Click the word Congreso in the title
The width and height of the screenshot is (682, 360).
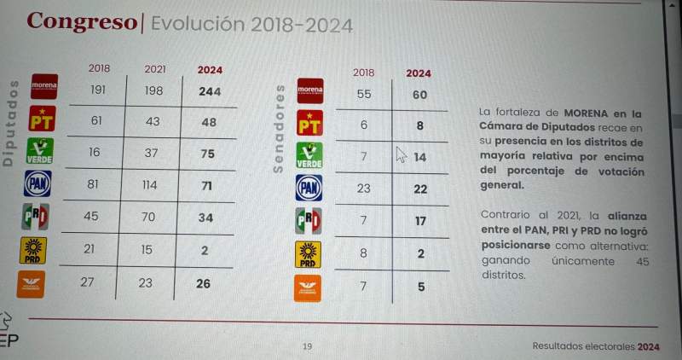point(81,22)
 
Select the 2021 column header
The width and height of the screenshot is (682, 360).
point(154,69)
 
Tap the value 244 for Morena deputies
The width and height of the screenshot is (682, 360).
point(209,91)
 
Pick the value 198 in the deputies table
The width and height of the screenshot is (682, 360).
point(154,91)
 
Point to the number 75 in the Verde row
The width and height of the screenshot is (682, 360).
point(208,153)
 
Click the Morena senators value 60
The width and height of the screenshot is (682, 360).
point(419,95)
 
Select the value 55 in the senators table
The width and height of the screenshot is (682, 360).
point(364,95)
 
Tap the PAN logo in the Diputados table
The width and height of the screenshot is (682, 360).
point(38,183)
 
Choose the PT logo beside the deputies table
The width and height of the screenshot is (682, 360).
point(42,119)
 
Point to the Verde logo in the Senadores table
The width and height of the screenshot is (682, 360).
point(308,155)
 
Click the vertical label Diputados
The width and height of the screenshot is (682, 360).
point(10,123)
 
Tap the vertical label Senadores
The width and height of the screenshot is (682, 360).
point(278,129)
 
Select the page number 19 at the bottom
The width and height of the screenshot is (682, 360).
point(308,346)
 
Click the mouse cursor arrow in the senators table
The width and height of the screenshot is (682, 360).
point(402,154)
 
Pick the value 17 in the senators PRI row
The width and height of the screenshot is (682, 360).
point(419,221)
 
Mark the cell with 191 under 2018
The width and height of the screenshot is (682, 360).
point(97,90)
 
